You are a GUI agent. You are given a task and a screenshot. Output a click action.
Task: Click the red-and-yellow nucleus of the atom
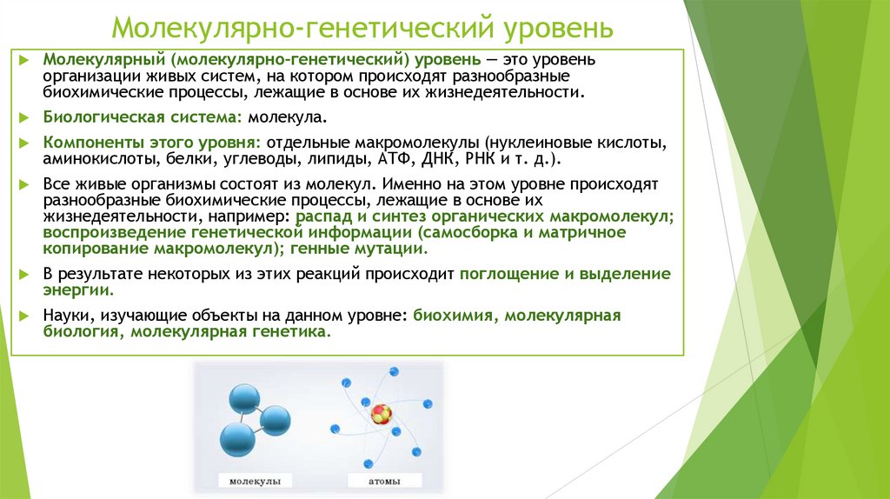tap(381, 413)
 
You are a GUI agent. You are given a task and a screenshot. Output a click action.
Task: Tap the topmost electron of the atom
tap(394, 371)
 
